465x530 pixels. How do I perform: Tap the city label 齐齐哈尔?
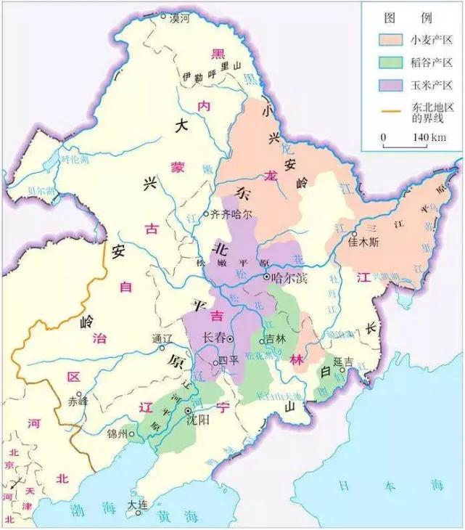click(231, 214)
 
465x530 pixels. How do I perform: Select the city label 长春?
click(214, 338)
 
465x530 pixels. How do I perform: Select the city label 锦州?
click(116, 434)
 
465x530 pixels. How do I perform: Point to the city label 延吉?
click(342, 361)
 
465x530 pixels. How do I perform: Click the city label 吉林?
click(274, 338)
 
